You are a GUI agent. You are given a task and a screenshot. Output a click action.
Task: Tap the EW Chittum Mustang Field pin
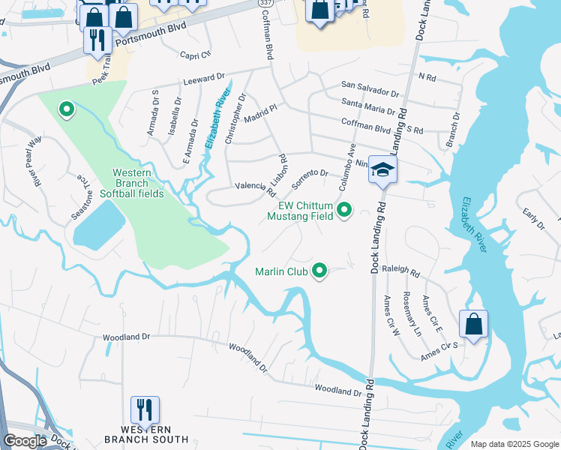pos(344,210)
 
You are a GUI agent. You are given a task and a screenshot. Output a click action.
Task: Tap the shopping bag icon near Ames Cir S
pos(473,324)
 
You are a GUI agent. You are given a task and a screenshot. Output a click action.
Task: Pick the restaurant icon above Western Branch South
pos(145,409)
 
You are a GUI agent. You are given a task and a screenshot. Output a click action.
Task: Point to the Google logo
pos(25,441)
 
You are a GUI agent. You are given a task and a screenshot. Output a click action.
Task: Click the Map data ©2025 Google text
pos(514,444)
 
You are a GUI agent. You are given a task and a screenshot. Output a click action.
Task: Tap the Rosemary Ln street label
pos(408,313)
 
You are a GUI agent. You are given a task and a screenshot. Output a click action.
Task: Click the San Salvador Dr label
pos(370,89)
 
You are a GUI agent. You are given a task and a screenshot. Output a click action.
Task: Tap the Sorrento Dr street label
pos(310,178)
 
